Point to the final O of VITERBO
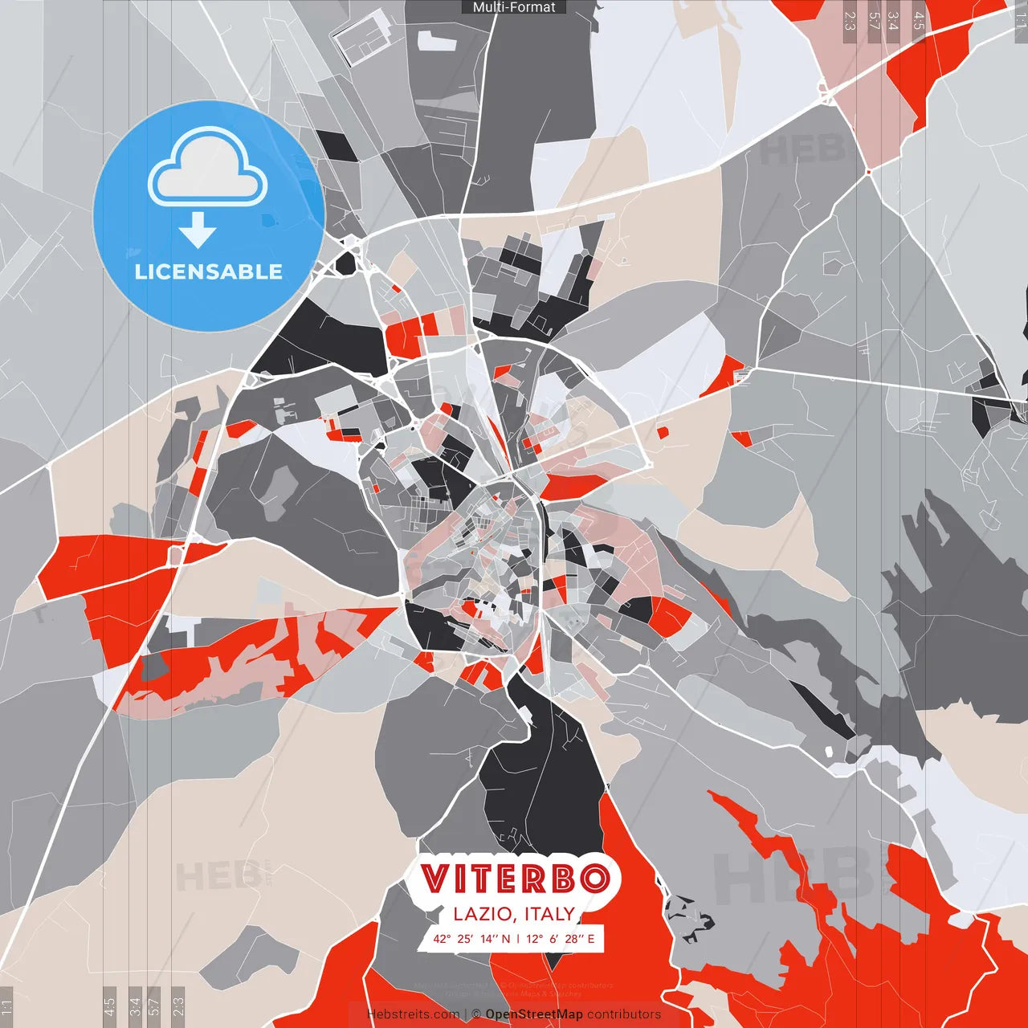(594, 879)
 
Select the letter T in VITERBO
(482, 879)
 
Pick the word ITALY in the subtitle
(549, 914)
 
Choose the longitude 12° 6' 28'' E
(561, 938)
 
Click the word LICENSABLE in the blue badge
(209, 271)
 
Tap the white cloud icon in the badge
(208, 169)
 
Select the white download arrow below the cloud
(198, 230)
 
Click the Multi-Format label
(514, 7)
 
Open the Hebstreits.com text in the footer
(413, 1014)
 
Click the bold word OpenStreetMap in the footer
(534, 1014)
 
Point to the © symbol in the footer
(476, 1014)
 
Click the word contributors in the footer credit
(624, 1014)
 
